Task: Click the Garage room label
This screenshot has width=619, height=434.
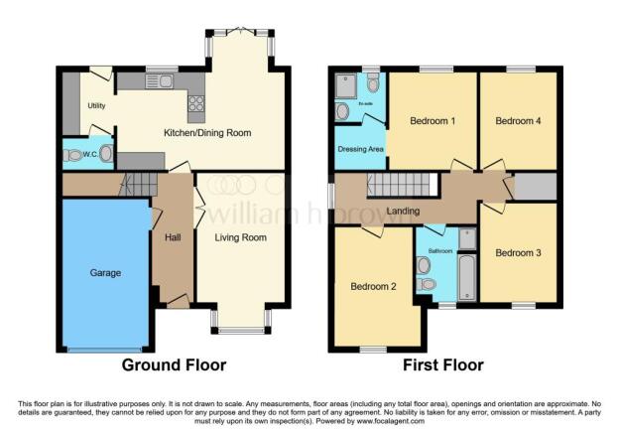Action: click(x=105, y=272)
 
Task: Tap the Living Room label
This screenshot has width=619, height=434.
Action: click(x=241, y=237)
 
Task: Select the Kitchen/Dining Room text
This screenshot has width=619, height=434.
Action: click(x=207, y=132)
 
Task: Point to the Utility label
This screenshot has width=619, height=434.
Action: click(x=96, y=104)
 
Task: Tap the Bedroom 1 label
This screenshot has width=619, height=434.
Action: click(x=433, y=121)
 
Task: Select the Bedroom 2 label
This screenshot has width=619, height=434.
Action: click(x=373, y=286)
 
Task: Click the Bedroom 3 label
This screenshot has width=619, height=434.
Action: click(x=518, y=252)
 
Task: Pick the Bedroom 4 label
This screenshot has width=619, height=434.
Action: click(x=518, y=121)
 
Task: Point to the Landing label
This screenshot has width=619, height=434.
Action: click(x=403, y=211)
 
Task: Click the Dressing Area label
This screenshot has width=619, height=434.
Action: click(x=359, y=151)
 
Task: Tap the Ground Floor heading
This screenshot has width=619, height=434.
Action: click(x=174, y=364)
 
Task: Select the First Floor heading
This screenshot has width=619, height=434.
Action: click(x=443, y=364)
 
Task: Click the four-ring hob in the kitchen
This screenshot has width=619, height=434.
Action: click(x=195, y=102)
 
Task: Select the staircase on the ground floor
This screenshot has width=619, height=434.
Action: click(x=140, y=183)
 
